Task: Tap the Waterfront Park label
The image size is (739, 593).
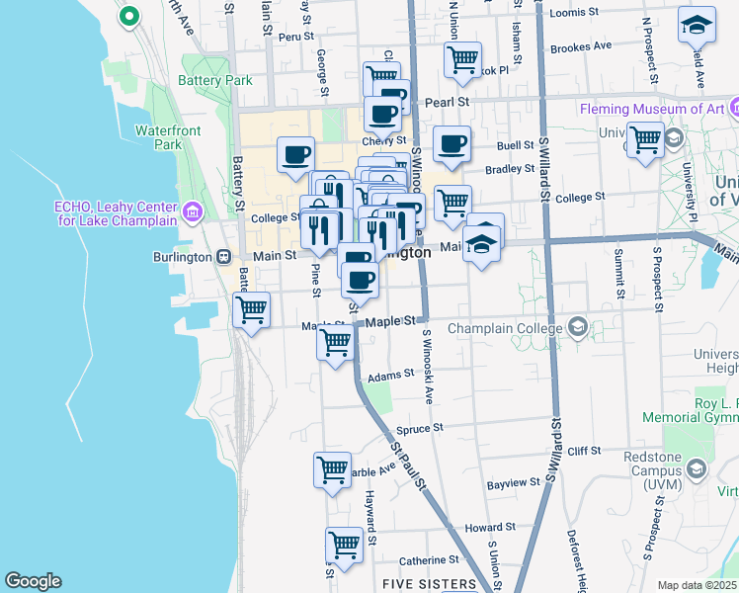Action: point(154,137)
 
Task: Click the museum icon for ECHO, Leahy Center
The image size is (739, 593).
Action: point(192,210)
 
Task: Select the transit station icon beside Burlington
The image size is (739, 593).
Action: point(224,256)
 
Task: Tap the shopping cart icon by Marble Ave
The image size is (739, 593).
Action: point(333,469)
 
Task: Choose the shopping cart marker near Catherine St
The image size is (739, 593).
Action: point(344,546)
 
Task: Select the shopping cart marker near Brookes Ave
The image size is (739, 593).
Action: point(461,60)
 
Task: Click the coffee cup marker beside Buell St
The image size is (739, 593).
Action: point(452,145)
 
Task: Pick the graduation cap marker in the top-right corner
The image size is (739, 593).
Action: point(697,26)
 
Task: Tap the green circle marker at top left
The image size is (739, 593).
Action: point(128,16)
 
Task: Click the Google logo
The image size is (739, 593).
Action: point(33,581)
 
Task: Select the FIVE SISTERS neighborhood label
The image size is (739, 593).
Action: point(429,584)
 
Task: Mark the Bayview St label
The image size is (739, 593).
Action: point(514,483)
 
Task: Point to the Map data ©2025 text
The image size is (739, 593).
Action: point(697,585)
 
